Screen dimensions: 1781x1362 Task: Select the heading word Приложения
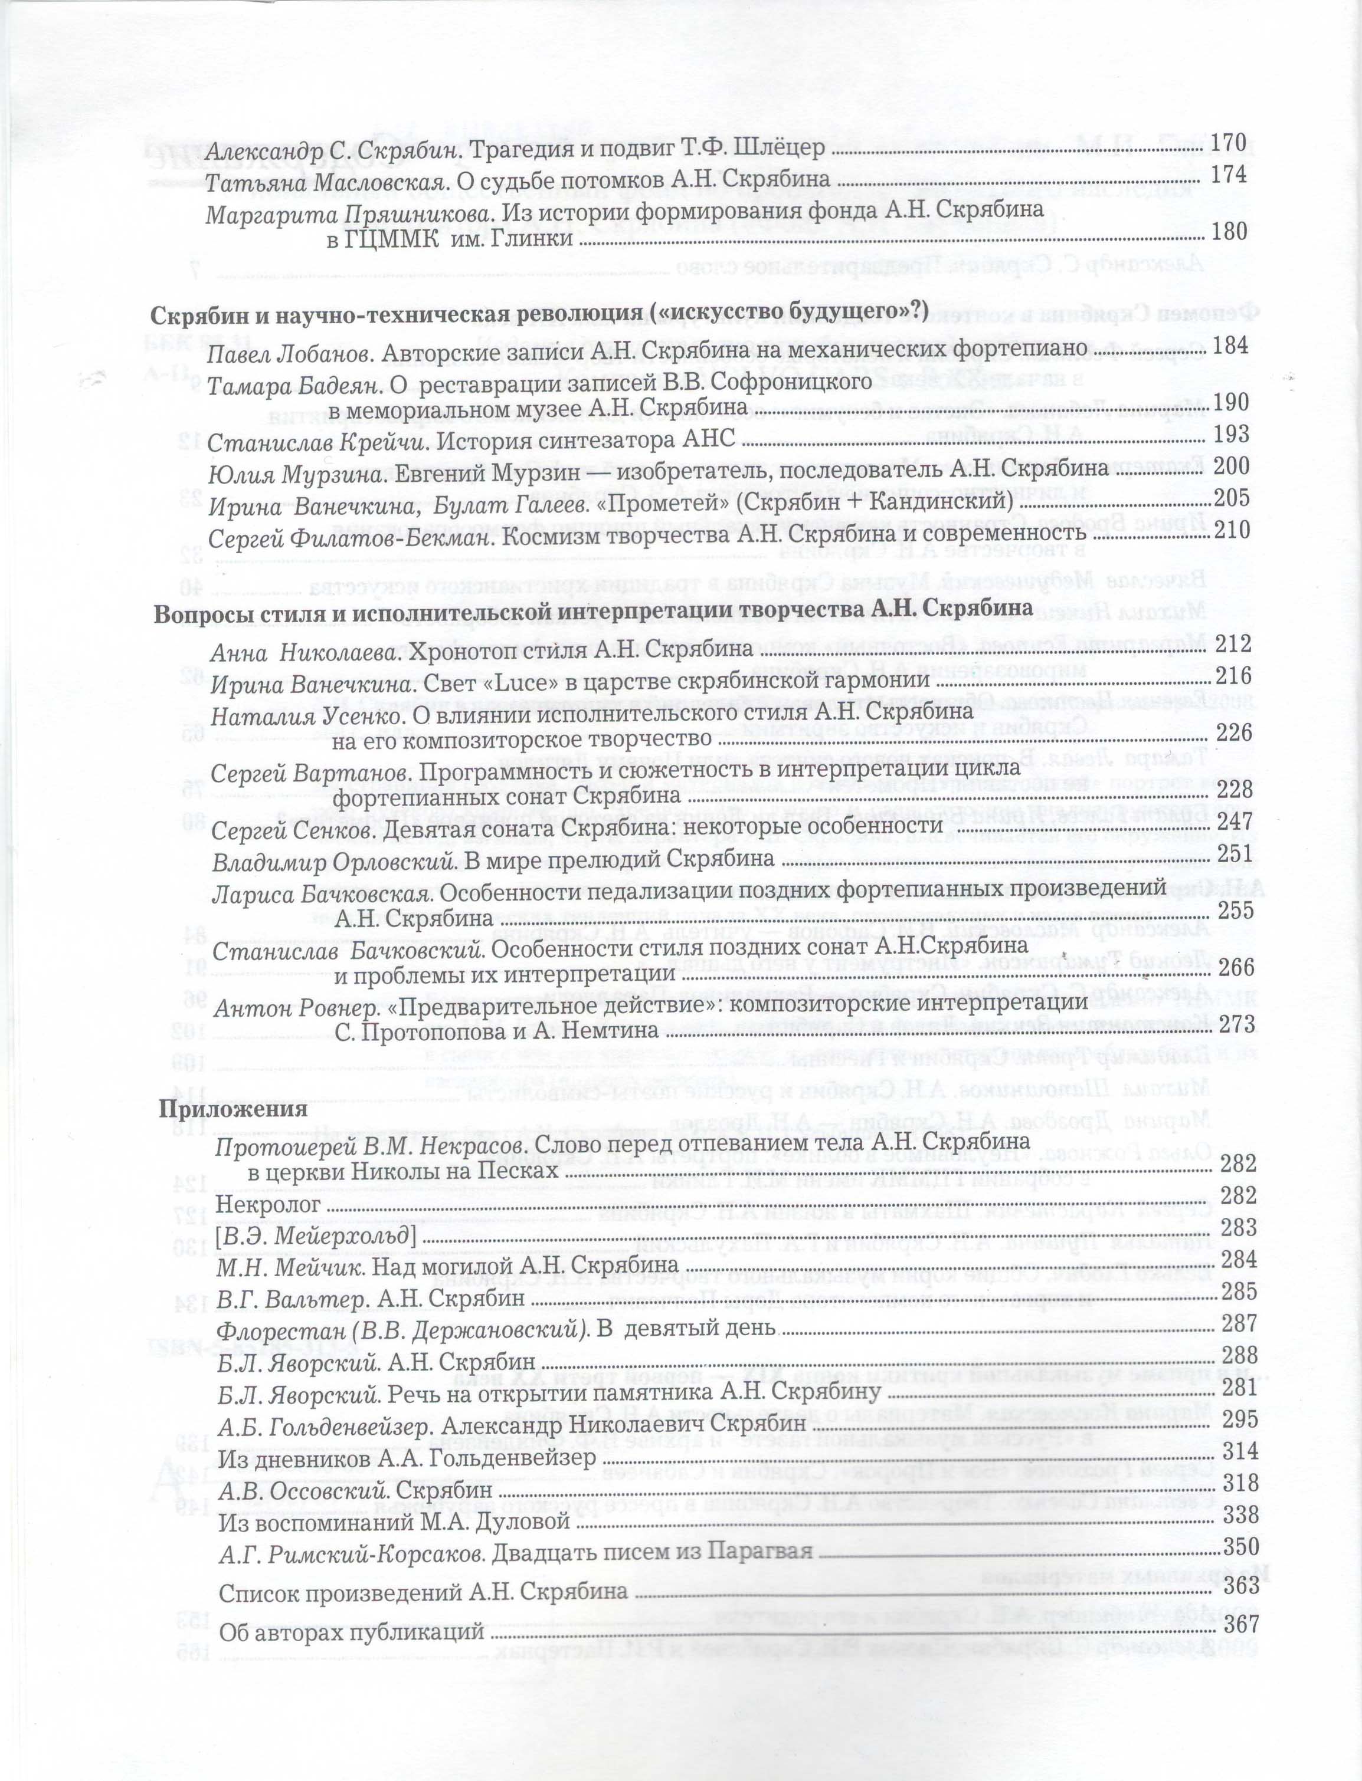pos(233,1109)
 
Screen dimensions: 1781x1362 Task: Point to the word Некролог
pos(267,1205)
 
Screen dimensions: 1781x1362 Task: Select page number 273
pos(1236,1023)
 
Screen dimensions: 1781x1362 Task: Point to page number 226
pos(1235,732)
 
